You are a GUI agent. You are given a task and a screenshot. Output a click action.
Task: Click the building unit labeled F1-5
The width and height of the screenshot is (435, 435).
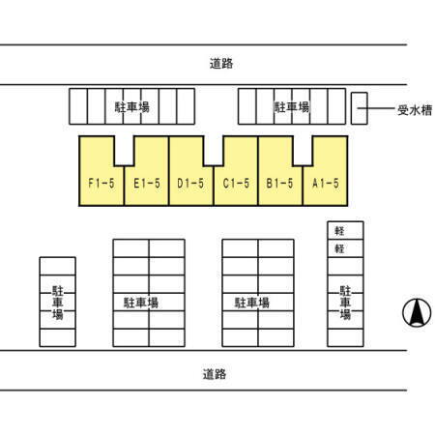101,184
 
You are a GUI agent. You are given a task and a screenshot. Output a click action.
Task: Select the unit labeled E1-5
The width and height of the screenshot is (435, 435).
147,184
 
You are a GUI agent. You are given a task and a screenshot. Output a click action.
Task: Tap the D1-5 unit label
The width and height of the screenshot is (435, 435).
190,184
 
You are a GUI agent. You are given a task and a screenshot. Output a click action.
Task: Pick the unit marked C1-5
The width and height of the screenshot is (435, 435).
236,184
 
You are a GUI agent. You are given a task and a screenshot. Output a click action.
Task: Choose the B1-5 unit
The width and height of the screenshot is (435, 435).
279,184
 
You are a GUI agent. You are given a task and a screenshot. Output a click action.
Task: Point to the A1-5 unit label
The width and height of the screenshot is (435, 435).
326,184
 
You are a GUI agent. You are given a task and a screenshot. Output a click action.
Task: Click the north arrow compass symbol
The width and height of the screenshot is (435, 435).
417,312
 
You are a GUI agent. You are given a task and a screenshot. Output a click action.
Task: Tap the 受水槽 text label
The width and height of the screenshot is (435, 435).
415,110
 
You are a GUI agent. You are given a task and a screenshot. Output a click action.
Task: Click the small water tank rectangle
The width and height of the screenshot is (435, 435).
360,108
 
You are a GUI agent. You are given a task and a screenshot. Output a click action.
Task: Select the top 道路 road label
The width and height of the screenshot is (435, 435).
221,64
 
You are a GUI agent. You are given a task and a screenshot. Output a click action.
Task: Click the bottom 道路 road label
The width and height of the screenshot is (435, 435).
215,374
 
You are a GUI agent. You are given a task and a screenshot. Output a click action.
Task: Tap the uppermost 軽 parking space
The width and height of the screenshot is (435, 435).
345,230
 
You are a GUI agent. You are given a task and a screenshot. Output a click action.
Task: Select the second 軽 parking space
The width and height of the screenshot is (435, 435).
345,248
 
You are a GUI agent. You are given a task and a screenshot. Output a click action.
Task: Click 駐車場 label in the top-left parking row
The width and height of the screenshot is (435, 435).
132,107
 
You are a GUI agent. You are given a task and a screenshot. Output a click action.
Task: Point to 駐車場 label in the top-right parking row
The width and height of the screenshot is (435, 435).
292,107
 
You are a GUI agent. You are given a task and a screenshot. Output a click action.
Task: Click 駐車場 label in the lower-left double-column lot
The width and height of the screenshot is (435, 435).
141,303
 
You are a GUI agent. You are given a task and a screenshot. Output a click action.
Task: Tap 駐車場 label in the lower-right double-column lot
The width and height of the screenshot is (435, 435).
252,303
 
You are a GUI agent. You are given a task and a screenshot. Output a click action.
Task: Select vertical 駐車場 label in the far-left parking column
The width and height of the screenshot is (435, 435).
58,303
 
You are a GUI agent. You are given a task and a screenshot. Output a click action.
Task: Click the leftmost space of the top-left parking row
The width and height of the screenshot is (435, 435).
78,106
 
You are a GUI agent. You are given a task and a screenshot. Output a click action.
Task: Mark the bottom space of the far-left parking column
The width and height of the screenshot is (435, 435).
58,337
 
